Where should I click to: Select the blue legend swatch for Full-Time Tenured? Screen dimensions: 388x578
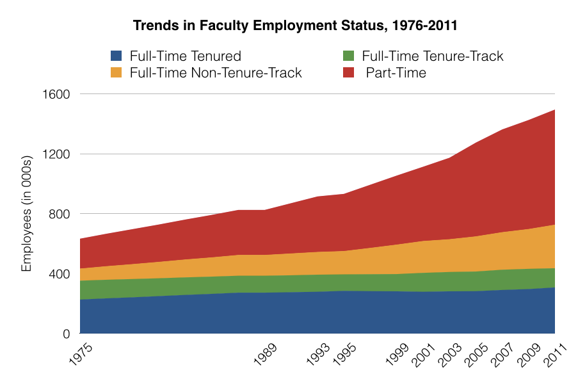tap(116, 56)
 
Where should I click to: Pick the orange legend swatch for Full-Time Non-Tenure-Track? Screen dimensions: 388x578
tap(116, 73)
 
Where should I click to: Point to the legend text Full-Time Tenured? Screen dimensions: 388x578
tap(185, 56)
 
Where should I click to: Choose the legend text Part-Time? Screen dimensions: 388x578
tap(396, 73)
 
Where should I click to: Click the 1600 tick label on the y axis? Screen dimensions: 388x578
tap(56, 94)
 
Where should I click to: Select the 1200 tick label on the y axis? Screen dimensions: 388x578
tap(56, 154)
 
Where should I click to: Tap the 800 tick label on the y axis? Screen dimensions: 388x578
tap(60, 214)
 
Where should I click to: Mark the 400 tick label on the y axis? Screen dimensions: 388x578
tap(60, 274)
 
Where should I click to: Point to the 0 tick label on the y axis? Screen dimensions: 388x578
tap(66, 334)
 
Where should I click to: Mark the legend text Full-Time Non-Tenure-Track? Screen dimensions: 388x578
tap(215, 73)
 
